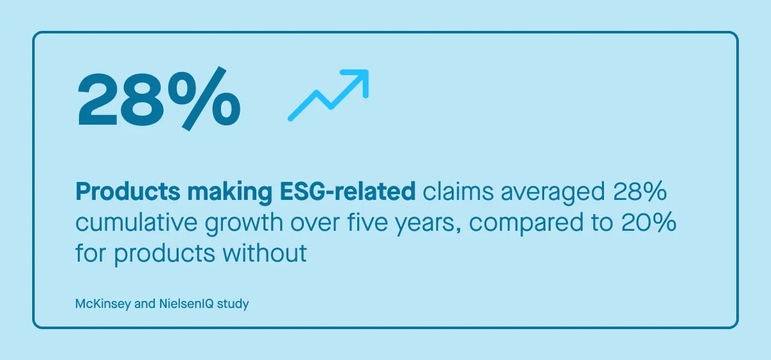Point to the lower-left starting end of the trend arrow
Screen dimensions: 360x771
point(291,118)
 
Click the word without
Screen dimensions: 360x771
point(265,253)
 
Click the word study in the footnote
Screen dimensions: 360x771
point(233,304)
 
